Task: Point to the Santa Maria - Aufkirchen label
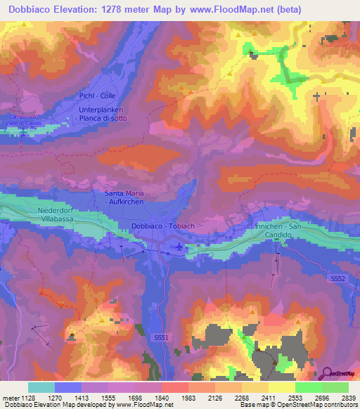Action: coord(126,197)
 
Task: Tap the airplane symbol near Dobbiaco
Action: coord(181,247)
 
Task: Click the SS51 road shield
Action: coord(161,338)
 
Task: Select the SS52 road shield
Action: coord(338,279)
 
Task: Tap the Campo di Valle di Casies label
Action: coord(25,119)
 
